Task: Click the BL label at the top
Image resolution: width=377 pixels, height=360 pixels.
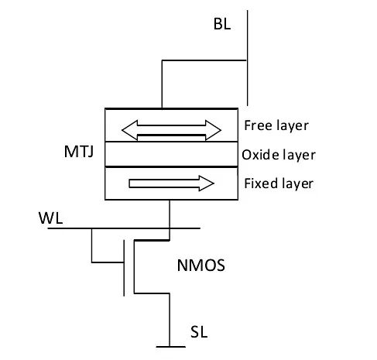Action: (x=222, y=25)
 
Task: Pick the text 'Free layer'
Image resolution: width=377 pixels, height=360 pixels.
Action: (x=276, y=125)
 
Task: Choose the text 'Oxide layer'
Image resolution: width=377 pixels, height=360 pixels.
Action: (x=278, y=154)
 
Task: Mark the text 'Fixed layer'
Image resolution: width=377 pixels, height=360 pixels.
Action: (x=278, y=183)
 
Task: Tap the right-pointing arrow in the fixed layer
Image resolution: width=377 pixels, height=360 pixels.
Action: (x=170, y=183)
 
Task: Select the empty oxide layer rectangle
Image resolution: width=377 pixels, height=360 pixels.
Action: (x=170, y=154)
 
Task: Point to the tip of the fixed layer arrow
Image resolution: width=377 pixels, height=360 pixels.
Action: (x=212, y=183)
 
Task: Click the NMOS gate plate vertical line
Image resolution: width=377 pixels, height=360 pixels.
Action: (x=124, y=268)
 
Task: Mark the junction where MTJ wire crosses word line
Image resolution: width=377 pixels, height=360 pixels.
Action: (x=169, y=228)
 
